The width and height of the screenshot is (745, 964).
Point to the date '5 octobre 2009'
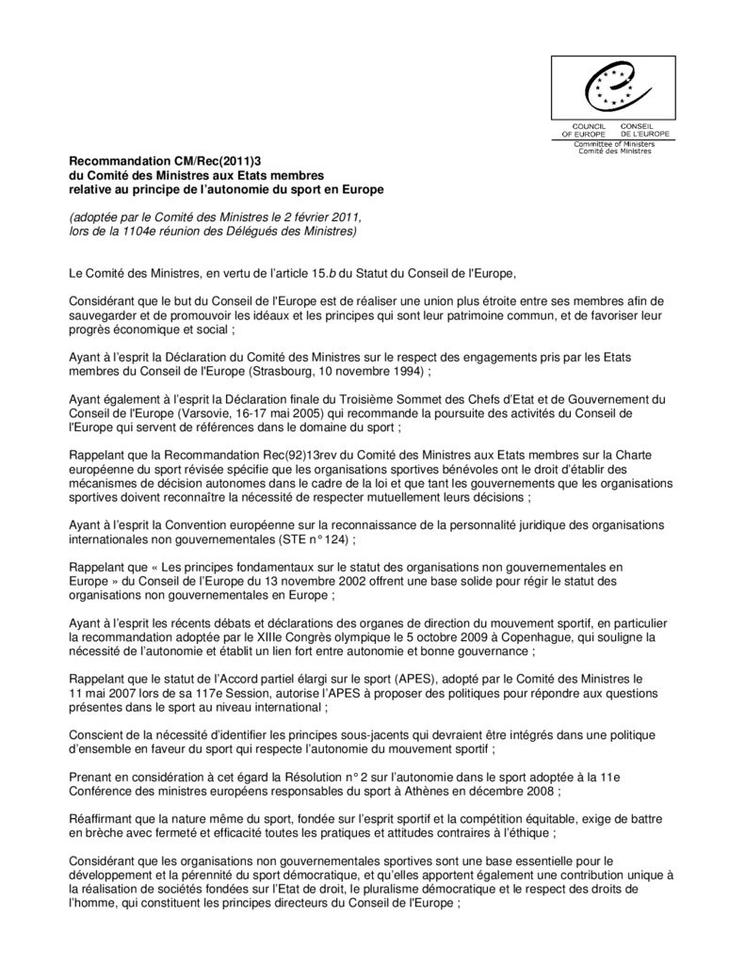[x=392, y=636]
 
